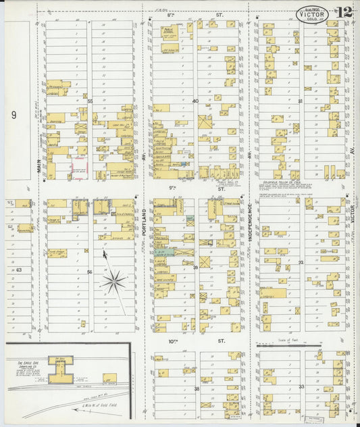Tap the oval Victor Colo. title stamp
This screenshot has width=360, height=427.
[312, 13]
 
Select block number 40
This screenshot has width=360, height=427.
[195, 101]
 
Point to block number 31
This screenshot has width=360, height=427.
[300, 101]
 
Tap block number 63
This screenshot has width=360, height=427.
[19, 270]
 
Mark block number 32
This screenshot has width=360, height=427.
[301, 262]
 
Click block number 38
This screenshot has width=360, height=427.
[197, 389]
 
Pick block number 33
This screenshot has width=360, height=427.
[301, 387]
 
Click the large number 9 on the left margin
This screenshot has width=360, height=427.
[13, 115]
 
